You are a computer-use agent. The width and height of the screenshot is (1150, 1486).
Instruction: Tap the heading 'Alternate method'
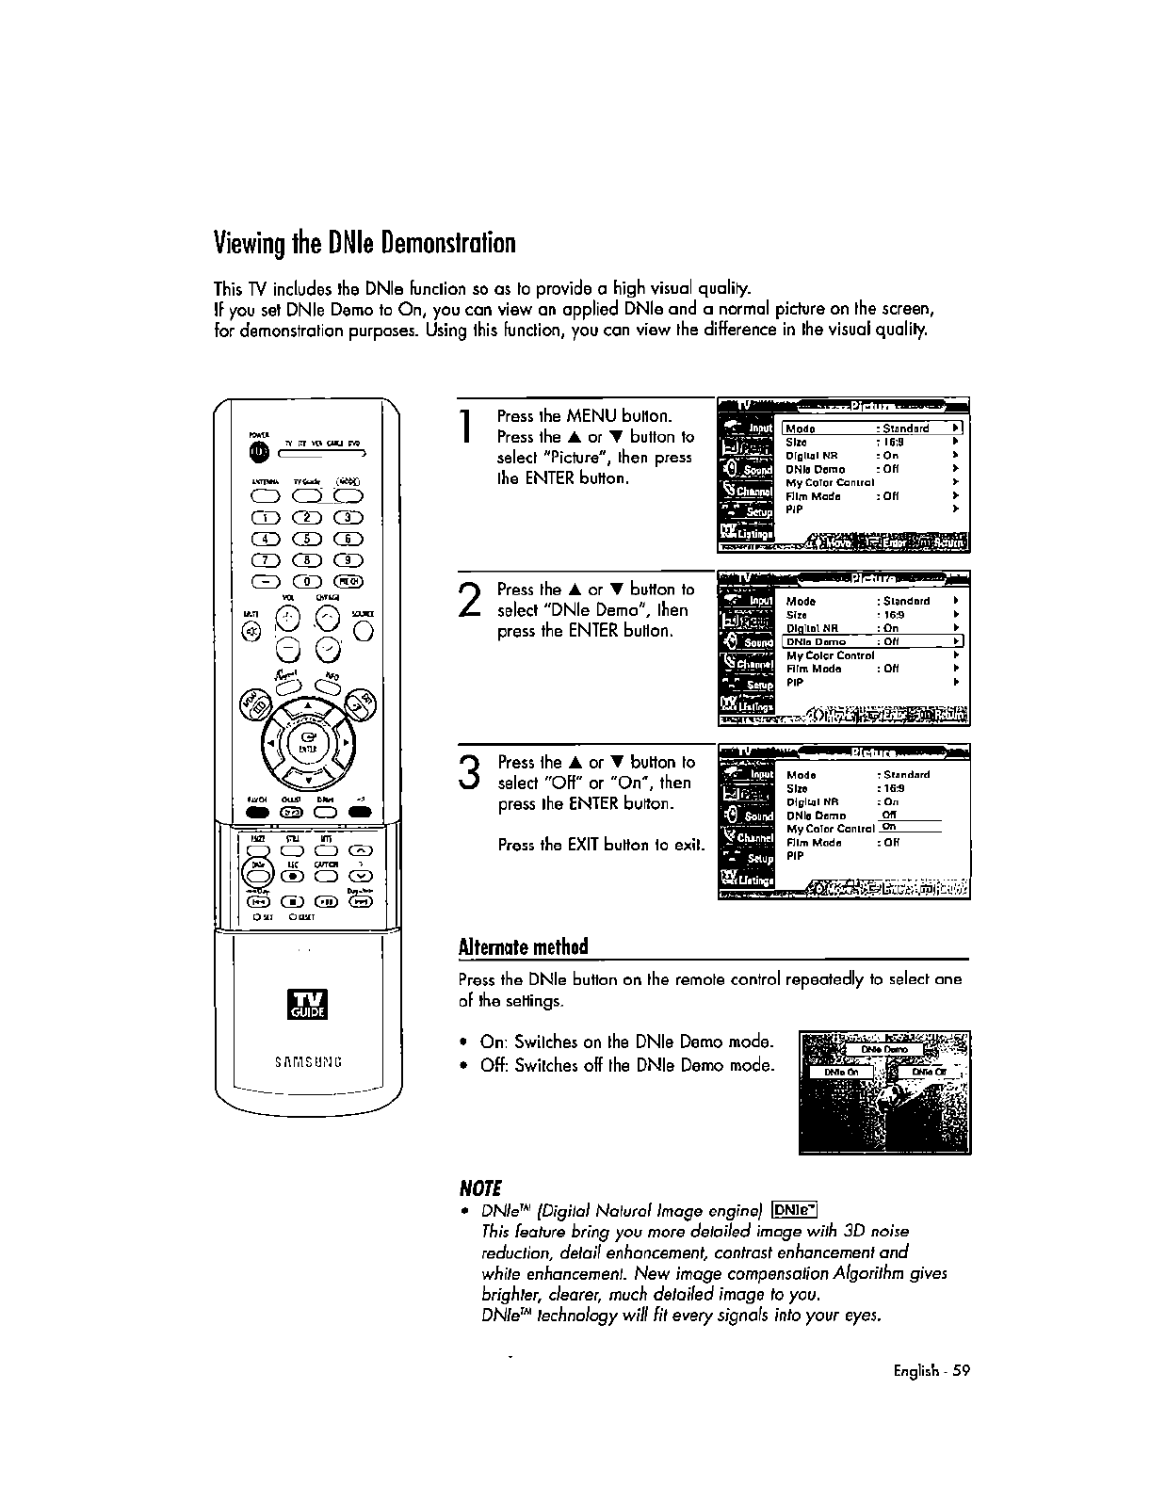[523, 946]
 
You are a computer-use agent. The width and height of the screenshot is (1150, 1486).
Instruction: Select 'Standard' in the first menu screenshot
[907, 428]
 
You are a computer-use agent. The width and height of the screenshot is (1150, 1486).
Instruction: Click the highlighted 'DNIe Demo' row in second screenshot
[867, 642]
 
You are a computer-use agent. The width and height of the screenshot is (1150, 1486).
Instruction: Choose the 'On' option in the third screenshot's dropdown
[888, 827]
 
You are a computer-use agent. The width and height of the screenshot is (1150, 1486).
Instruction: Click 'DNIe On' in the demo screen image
[841, 1072]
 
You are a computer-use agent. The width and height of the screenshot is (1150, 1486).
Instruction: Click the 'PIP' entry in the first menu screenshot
[794, 509]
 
